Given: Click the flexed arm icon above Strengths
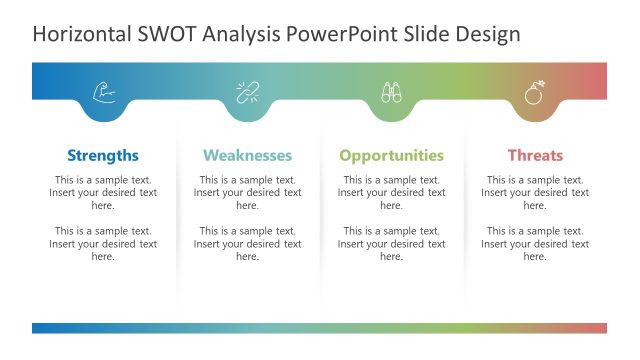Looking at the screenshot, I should pos(104,93).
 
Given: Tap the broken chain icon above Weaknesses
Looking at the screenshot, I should pos(248,93).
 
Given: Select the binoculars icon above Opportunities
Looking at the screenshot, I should pos(391,93).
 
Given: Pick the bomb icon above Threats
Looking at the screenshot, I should pos(535,93).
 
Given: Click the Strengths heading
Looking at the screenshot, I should pos(103,155).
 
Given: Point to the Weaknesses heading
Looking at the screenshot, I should pos(247,155).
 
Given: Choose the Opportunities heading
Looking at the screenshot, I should pos(391,155).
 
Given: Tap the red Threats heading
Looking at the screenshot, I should pos(535,155).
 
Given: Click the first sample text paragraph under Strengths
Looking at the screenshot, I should pos(103,192).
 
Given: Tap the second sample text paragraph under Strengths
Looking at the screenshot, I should pos(103,243).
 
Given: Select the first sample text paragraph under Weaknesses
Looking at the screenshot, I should pos(247,192).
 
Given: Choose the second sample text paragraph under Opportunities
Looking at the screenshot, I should pos(391,243).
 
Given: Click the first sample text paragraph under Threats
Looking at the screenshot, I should pos(535,192).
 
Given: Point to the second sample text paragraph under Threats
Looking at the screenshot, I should pos(535,243).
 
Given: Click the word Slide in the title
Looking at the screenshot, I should pos(422,34).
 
